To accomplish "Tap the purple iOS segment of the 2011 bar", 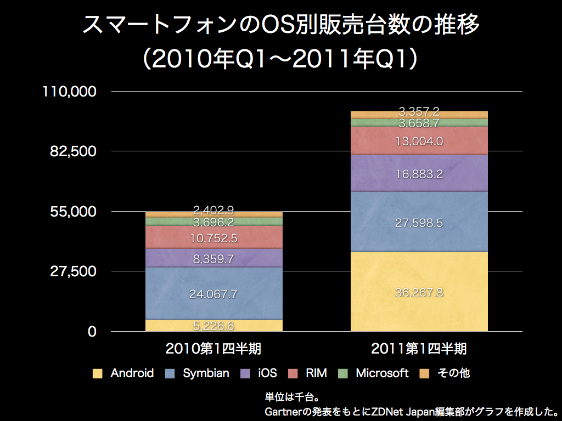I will [x=419, y=164].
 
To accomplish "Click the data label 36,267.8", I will [x=419, y=292].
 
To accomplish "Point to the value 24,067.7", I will [x=213, y=294].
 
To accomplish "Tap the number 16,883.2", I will [x=419, y=175].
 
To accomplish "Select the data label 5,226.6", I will [x=213, y=326].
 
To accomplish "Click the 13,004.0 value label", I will [x=419, y=141].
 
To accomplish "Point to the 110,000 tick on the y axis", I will [x=70, y=91].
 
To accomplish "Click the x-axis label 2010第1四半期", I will [x=213, y=349].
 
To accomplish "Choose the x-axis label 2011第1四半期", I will [x=419, y=349].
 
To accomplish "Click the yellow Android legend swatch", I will [x=98, y=374].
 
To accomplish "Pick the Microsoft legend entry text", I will [x=382, y=373].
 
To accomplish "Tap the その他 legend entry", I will [x=453, y=373].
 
